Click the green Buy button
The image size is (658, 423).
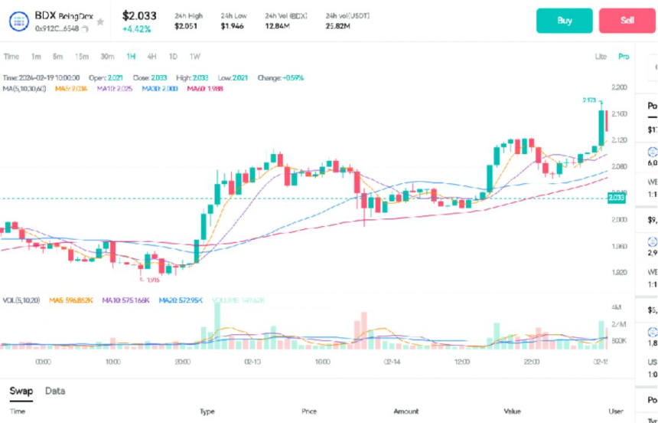tap(564, 21)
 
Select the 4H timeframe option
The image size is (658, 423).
tap(151, 57)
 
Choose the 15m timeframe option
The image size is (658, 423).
tap(81, 57)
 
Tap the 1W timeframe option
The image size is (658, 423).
tap(195, 57)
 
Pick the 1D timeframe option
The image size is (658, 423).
tap(173, 57)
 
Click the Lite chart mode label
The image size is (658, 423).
tap(601, 57)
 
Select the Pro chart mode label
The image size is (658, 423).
tap(624, 57)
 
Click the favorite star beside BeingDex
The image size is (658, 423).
tap(99, 21)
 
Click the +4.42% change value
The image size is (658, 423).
tap(136, 29)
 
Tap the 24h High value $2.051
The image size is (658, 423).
tap(185, 27)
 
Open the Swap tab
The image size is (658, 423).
tap(21, 391)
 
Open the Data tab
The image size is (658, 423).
tap(55, 391)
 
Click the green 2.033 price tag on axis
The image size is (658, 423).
tap(617, 198)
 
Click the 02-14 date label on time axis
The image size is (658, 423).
tap(393, 360)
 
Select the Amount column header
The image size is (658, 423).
tap(406, 412)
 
